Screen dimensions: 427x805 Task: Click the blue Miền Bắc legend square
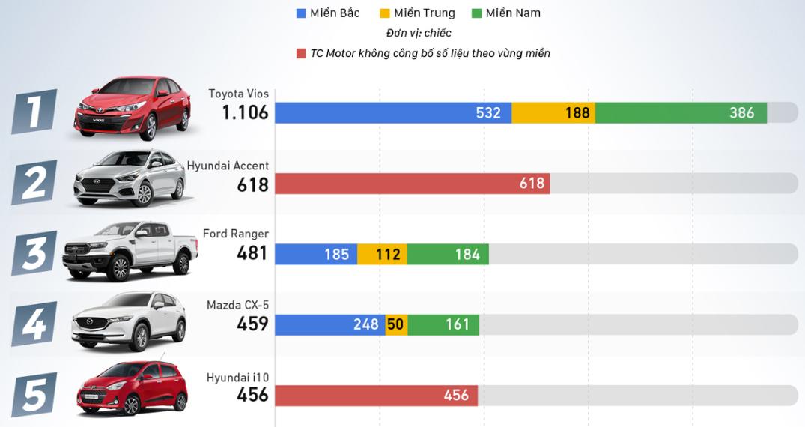pos(301,13)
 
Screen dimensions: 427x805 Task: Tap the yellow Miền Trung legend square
pos(385,13)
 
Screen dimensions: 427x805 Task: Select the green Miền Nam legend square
pos(477,13)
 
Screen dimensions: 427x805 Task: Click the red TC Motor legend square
pos(301,53)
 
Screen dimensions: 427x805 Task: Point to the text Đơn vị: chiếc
pos(419,34)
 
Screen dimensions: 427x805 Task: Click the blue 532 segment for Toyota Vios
pos(393,113)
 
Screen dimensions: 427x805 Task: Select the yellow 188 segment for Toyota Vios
pos(553,113)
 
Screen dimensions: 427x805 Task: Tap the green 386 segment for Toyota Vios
pos(681,113)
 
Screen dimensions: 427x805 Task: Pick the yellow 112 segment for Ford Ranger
pos(383,255)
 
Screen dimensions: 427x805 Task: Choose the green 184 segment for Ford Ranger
pos(448,255)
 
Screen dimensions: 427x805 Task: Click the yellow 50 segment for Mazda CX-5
pos(397,325)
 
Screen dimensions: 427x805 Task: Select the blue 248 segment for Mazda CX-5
pos(330,325)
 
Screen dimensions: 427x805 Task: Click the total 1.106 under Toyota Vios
pos(244,113)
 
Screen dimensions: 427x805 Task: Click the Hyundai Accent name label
pos(228,166)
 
